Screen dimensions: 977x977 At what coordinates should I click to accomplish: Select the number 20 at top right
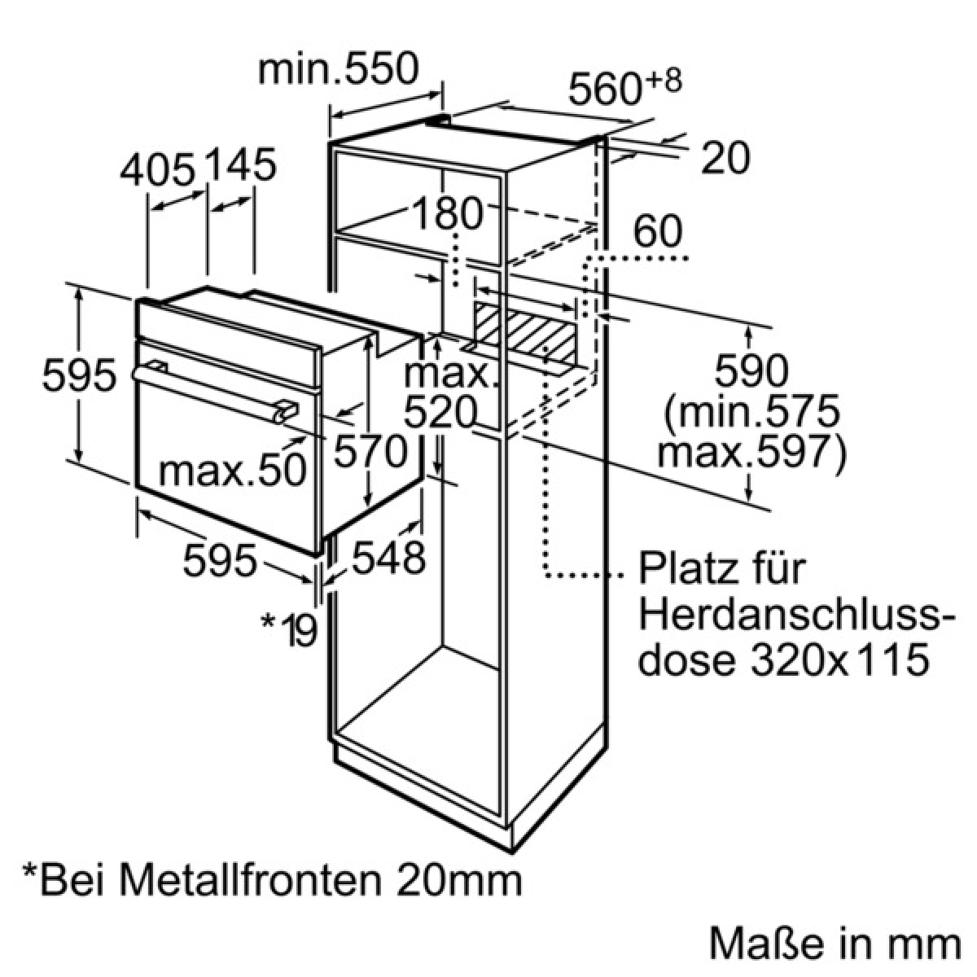coord(725,158)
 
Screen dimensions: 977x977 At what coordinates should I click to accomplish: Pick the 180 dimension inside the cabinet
coord(447,213)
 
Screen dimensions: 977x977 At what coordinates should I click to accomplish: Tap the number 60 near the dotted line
coord(658,230)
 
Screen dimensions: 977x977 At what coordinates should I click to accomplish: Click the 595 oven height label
coord(79,375)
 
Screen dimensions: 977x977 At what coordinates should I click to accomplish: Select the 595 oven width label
coord(220,560)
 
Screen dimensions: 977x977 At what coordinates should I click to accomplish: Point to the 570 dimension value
coord(370,451)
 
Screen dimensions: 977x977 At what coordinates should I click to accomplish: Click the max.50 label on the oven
coord(232,471)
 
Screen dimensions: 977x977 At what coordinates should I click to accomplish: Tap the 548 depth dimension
coord(388,558)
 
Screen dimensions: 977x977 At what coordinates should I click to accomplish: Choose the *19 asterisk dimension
coord(289,629)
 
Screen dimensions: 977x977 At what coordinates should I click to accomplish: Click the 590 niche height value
coord(751,370)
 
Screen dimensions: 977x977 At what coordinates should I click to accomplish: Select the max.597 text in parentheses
coord(751,452)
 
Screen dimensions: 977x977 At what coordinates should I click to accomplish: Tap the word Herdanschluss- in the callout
coord(796,615)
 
